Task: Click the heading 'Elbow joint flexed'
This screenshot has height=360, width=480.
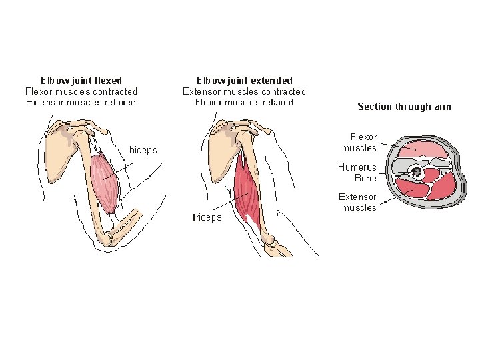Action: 81,81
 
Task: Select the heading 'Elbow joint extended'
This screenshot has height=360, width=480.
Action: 244,81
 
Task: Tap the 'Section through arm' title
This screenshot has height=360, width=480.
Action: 404,107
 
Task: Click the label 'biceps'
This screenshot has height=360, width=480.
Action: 143,150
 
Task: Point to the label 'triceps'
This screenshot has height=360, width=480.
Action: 207,217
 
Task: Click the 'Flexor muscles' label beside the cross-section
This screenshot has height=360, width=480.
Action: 359,143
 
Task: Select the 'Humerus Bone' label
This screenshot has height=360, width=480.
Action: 357,173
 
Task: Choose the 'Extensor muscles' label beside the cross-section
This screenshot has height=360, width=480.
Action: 357,202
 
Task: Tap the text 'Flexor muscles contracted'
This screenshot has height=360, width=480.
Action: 81,91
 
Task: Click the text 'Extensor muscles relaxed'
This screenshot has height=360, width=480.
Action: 81,102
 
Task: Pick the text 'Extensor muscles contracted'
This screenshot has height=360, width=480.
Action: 244,91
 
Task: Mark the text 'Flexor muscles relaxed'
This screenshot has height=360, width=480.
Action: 244,102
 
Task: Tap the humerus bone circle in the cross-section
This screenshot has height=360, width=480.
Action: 417,173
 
